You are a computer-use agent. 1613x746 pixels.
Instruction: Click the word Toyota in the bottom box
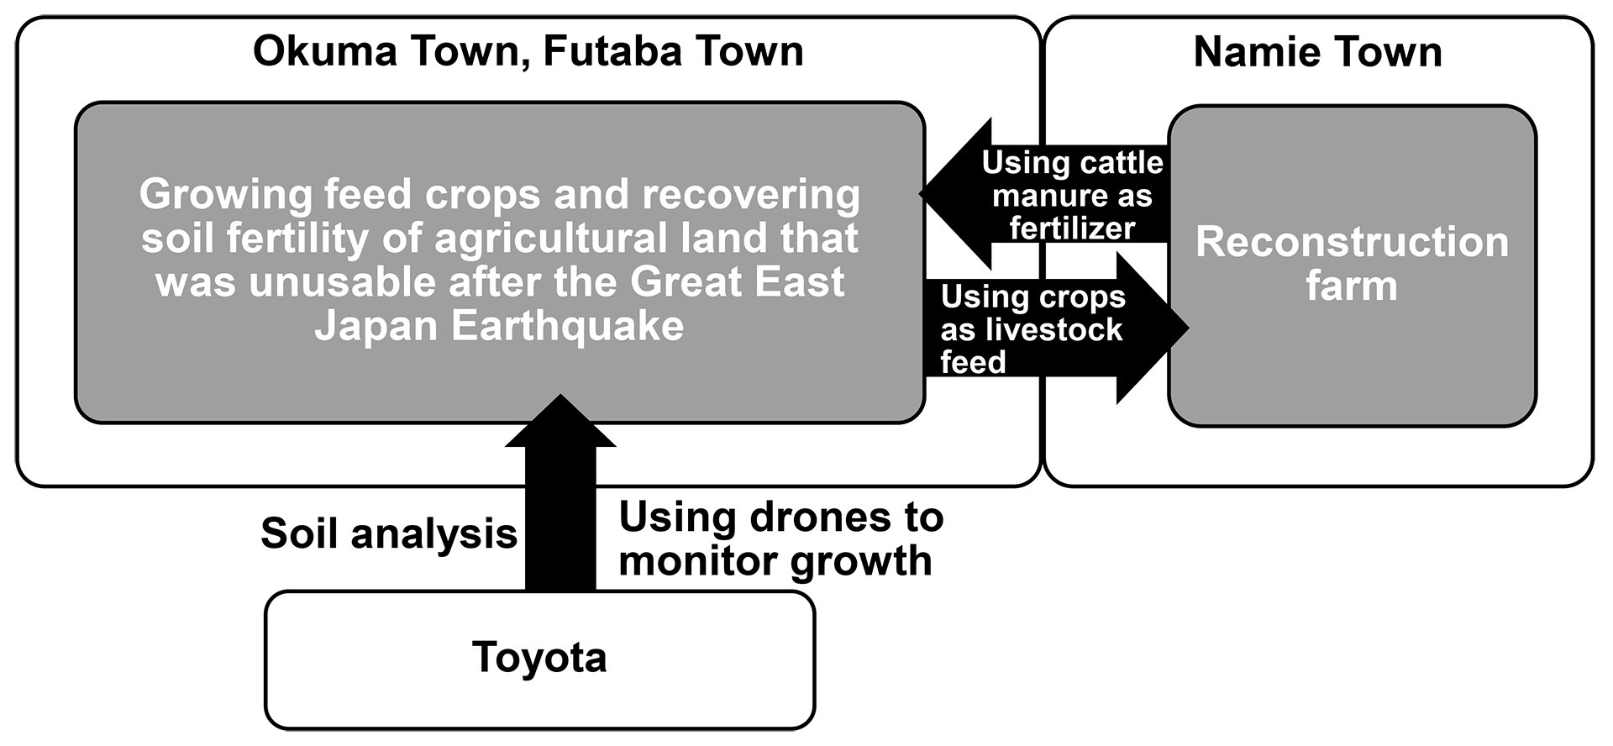[539, 657]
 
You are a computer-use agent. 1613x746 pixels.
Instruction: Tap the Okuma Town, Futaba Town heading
[528, 51]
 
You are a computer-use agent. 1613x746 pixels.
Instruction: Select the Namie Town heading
[1317, 52]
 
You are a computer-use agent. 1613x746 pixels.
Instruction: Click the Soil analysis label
[389, 534]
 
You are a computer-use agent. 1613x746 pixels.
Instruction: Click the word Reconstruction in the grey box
[1352, 242]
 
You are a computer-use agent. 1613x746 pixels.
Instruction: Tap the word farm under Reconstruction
[1352, 286]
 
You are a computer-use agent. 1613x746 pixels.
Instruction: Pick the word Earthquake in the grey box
[567, 326]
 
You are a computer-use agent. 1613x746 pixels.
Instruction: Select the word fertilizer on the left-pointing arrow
[1072, 228]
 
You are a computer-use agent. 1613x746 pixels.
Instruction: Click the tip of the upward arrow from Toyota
[560, 397]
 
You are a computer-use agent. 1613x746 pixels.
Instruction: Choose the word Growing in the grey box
[227, 194]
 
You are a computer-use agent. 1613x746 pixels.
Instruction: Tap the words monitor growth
[775, 560]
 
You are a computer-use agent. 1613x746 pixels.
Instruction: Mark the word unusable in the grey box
[344, 281]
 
